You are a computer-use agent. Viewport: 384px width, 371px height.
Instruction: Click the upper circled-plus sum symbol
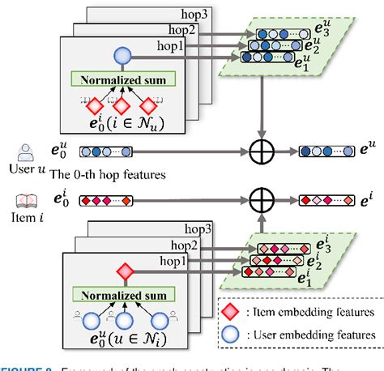coord(262,151)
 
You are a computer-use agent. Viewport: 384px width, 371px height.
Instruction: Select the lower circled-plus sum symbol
coord(262,197)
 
